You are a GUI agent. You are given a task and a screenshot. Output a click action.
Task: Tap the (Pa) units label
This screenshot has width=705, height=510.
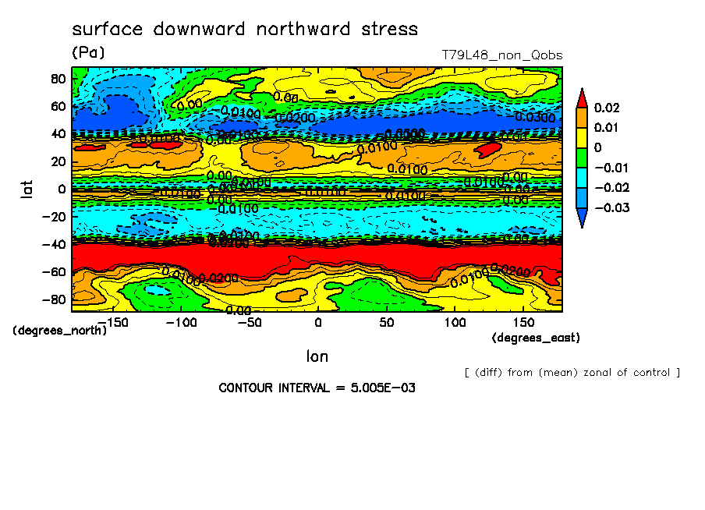(x=87, y=53)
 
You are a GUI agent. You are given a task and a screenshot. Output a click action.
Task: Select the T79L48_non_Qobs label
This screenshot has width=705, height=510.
(x=501, y=55)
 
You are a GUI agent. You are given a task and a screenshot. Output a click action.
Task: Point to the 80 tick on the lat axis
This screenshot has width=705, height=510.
(x=57, y=78)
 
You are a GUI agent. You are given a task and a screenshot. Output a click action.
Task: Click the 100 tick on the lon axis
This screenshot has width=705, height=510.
(x=455, y=322)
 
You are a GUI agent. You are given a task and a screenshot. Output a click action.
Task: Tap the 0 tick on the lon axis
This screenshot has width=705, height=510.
(x=317, y=322)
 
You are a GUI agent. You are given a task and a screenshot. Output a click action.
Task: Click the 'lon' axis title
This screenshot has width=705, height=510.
(x=317, y=356)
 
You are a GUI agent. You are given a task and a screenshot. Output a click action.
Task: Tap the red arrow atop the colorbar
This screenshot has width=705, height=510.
(x=582, y=97)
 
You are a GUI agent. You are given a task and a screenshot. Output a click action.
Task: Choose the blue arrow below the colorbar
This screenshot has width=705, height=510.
(x=582, y=220)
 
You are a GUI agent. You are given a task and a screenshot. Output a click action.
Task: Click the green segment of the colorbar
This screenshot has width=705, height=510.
(x=582, y=158)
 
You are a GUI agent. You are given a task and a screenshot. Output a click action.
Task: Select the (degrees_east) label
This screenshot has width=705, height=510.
(x=536, y=338)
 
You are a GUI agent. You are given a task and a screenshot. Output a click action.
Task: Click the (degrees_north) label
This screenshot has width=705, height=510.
(x=59, y=330)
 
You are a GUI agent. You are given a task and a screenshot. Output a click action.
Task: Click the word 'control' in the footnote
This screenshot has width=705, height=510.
(x=653, y=372)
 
